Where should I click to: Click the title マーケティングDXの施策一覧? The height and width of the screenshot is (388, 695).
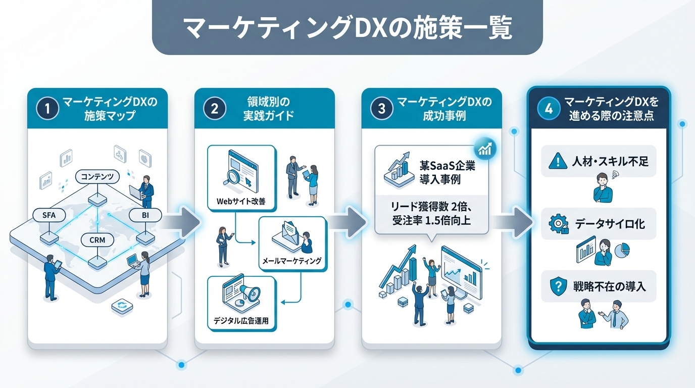(347, 28)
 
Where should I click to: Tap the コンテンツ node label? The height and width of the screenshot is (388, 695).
(97, 177)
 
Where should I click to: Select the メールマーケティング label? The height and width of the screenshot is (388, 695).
(292, 261)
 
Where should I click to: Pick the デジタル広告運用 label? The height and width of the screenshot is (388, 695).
(241, 320)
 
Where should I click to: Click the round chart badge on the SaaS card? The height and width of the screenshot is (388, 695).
(485, 148)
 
